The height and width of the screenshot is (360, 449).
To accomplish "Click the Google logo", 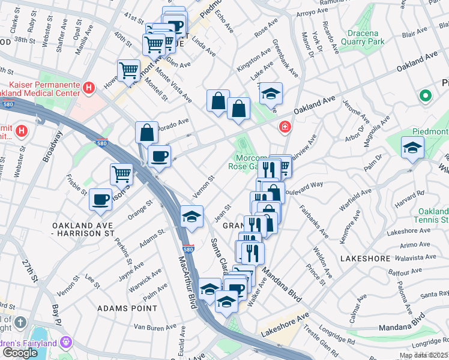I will coord(20,352).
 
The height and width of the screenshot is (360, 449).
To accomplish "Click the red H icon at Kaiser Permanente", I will coord(89,88).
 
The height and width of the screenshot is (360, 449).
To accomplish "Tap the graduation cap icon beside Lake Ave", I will coord(271,94).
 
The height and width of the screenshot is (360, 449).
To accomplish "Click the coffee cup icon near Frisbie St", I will coord(101,199).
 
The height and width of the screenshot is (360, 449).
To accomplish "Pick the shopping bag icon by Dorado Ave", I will coord(147,132).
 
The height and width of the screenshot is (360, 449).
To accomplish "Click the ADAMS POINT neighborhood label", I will coord(127,308).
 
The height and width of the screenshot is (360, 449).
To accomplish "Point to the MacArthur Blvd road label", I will coord(188,283).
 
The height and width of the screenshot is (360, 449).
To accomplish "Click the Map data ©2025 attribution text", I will coord(423,355).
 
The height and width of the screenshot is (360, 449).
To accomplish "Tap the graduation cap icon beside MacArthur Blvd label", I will coord(191,217).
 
